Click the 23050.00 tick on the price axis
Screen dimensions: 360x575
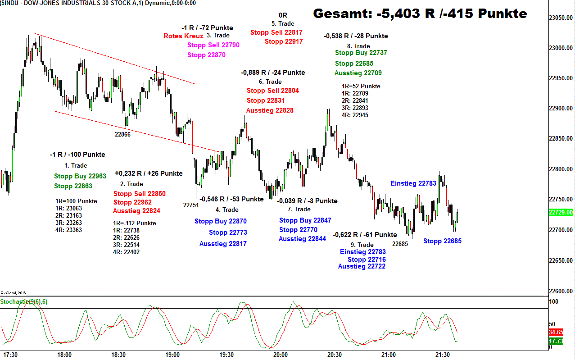561,18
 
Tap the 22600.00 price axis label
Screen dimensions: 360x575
561,291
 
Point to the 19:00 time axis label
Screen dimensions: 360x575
172,355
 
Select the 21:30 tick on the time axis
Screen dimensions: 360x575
443,355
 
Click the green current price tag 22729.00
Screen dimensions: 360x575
561,212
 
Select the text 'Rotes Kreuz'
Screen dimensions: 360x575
183,36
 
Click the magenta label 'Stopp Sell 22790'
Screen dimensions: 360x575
213,45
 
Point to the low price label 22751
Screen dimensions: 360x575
191,205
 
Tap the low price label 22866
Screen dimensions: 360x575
122,134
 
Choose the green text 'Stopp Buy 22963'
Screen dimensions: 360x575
80,176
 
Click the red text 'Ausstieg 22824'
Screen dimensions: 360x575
136,211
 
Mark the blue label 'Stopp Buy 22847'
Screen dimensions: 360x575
305,220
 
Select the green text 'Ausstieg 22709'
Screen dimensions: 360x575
358,73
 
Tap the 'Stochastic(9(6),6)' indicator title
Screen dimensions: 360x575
24,301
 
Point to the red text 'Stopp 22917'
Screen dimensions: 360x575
284,41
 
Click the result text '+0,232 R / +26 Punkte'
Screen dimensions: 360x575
149,173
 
